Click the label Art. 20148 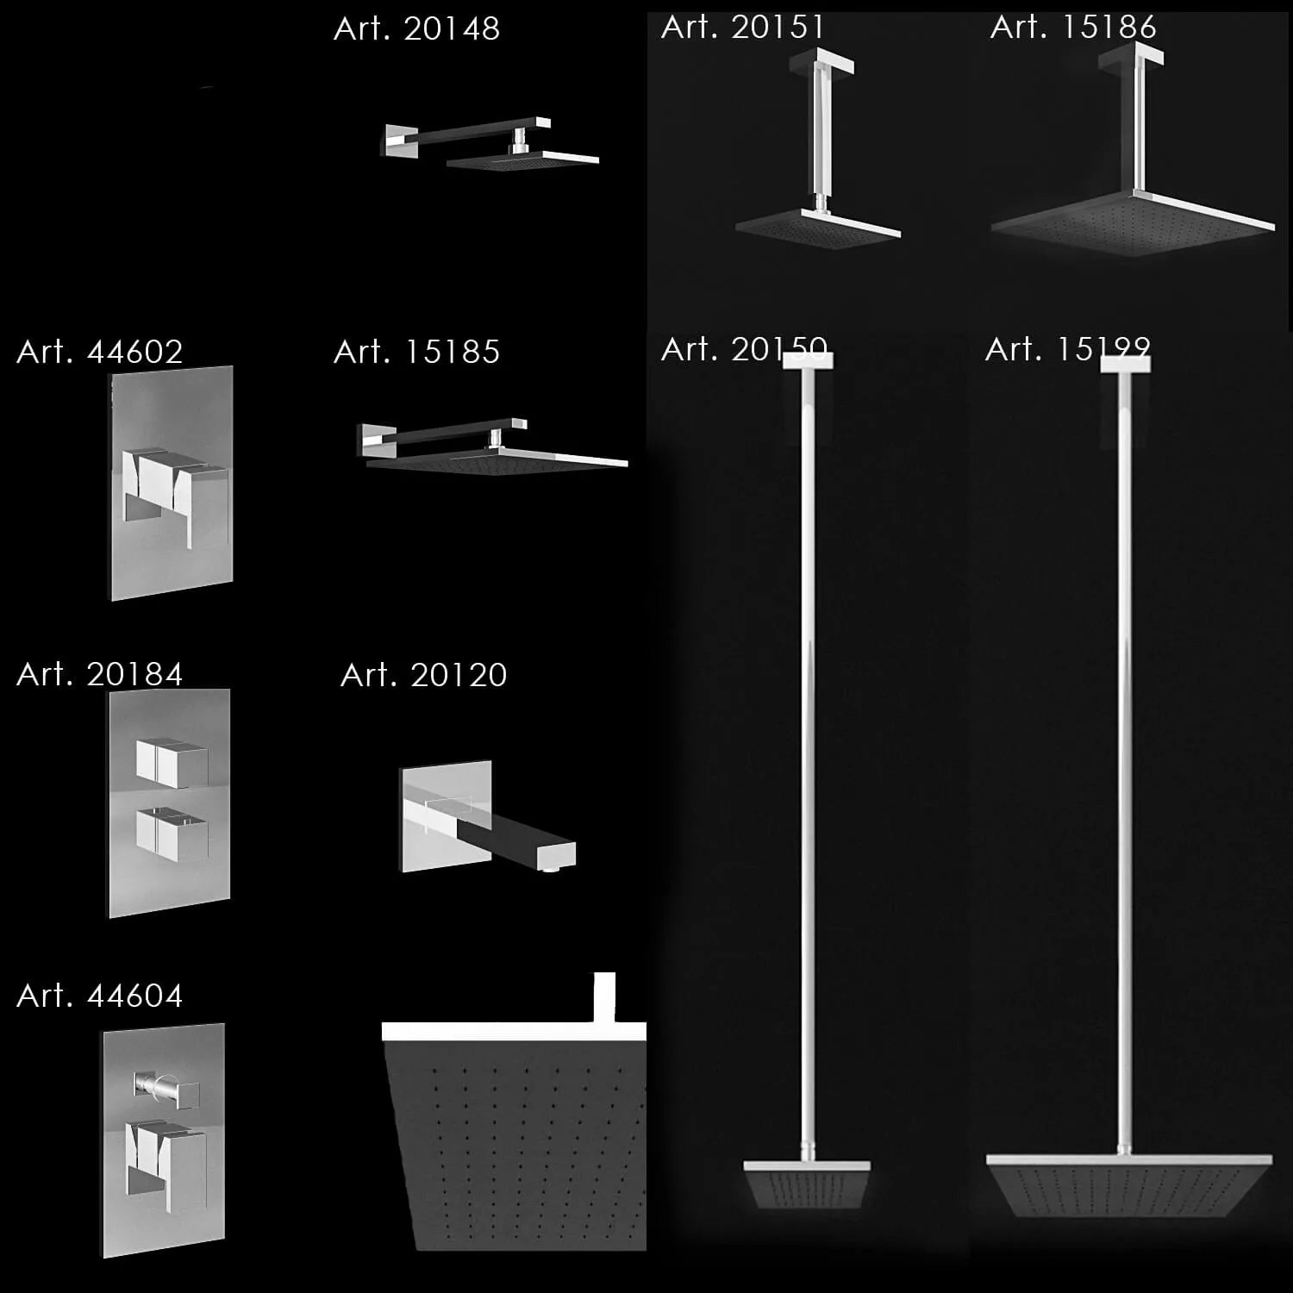point(416,29)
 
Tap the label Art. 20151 point(742,28)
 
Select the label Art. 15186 point(1072,28)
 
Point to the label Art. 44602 point(99,352)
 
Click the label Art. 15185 point(416,352)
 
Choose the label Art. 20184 point(99,674)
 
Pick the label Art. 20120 point(423,675)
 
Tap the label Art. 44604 point(99,996)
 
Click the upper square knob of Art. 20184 point(172,762)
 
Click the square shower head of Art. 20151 point(817,228)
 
